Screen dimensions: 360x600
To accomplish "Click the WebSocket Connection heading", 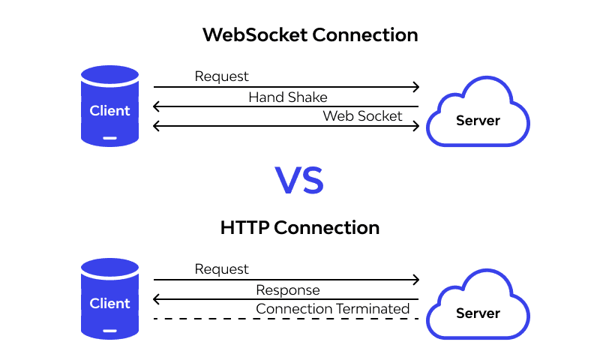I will point(310,35).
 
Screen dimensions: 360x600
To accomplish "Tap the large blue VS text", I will point(299,181).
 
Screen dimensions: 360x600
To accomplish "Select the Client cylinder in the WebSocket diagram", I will point(110,106).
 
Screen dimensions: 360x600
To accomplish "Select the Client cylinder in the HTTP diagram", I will point(110,298).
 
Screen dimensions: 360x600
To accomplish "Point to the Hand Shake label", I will point(288,97).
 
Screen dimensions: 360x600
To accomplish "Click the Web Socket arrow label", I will point(362,115).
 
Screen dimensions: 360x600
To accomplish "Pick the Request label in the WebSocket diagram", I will point(221,76).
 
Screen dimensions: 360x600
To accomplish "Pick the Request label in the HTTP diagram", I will point(221,269).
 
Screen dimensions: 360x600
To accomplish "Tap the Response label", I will point(288,290).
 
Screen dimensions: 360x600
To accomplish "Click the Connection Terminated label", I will point(332,309).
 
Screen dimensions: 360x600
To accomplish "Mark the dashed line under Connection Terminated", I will point(286,319).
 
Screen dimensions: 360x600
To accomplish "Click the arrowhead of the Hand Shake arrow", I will point(156,107).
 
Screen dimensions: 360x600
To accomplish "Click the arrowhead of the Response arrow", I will point(156,300).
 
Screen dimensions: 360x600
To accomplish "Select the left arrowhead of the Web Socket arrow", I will point(156,127).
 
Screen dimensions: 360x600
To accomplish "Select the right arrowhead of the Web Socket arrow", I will point(416,127).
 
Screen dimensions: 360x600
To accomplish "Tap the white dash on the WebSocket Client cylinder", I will point(110,137).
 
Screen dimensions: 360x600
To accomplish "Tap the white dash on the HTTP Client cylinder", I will point(110,330).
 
